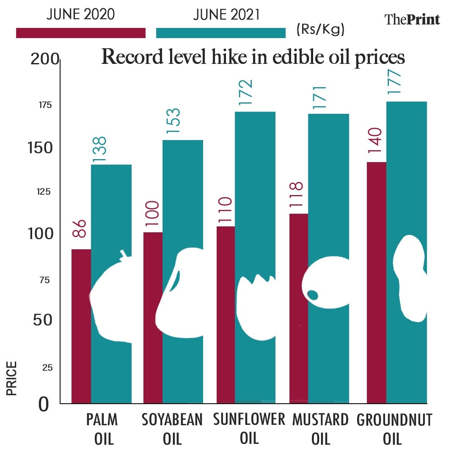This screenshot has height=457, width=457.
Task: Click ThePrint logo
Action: click(x=412, y=19)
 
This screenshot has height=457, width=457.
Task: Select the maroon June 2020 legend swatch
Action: click(x=80, y=33)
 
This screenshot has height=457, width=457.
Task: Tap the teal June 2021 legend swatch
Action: click(x=221, y=33)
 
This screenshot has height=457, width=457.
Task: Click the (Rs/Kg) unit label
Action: click(x=321, y=30)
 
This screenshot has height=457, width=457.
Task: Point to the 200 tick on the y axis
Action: click(x=44, y=60)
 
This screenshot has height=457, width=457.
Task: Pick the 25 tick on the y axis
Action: click(x=47, y=368)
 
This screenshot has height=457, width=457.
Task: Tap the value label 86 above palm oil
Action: click(x=80, y=228)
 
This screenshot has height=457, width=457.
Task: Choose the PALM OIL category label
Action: click(x=102, y=429)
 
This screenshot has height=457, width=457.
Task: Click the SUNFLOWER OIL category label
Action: click(x=249, y=428)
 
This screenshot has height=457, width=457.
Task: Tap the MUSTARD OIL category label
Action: click(x=320, y=429)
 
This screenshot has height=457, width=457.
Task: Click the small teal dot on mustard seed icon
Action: click(x=313, y=295)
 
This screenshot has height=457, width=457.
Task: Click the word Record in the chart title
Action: click(x=133, y=57)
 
